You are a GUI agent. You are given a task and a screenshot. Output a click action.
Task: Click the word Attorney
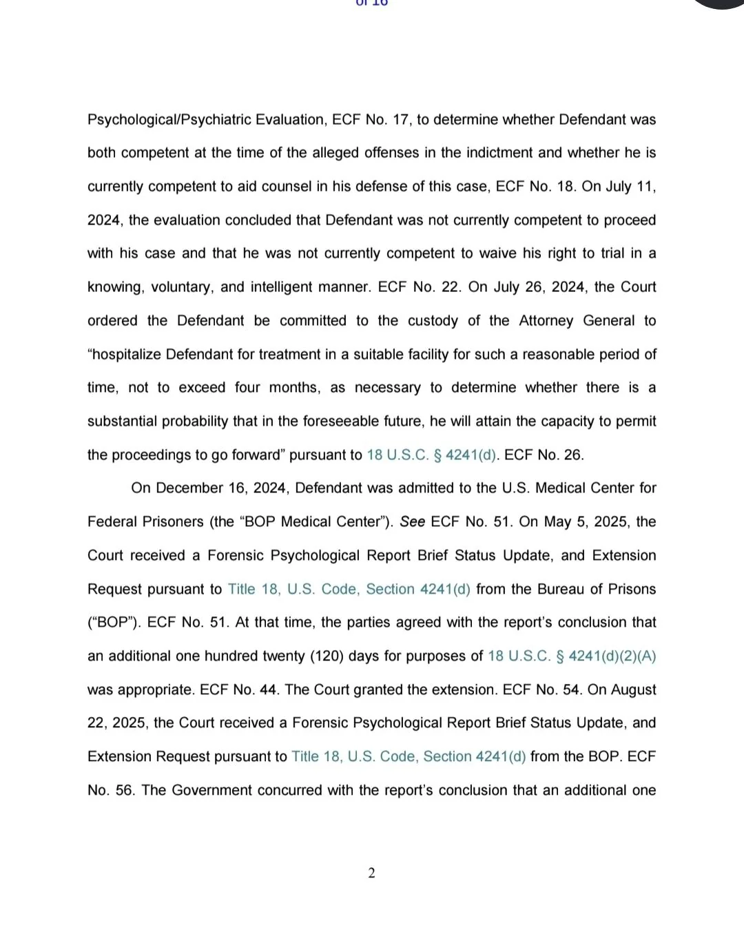tap(546, 321)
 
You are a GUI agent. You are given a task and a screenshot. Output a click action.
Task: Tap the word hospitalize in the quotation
tap(127, 355)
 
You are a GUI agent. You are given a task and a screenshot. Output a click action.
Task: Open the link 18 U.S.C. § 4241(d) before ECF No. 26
tap(431, 455)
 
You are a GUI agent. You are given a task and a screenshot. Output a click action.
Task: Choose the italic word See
tap(412, 522)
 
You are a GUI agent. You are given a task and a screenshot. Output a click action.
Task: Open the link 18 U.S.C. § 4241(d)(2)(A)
tap(572, 656)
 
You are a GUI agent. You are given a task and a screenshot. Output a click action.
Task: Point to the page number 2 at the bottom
tap(372, 874)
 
